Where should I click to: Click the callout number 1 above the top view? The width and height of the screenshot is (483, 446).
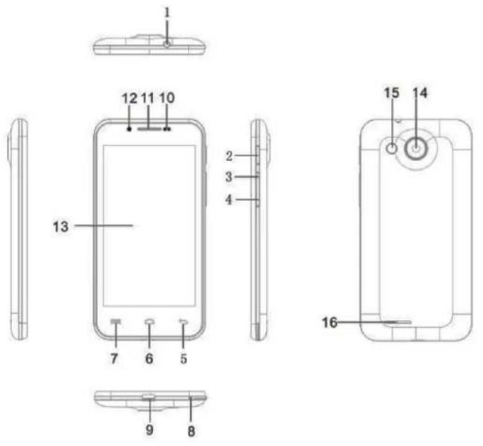tap(167, 13)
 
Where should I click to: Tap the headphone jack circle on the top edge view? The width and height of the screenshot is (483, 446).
tap(167, 44)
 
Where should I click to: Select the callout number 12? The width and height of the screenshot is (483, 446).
tap(129, 99)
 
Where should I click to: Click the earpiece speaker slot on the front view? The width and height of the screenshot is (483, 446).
tap(150, 129)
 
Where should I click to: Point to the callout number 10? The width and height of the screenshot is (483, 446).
tap(167, 98)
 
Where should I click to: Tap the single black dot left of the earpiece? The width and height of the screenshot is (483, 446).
tap(129, 129)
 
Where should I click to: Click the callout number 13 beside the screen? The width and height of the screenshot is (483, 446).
tap(61, 227)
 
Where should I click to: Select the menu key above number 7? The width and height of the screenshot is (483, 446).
tap(116, 322)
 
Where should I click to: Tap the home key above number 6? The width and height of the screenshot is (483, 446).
tap(150, 322)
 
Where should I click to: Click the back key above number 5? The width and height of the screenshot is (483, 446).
tap(184, 322)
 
